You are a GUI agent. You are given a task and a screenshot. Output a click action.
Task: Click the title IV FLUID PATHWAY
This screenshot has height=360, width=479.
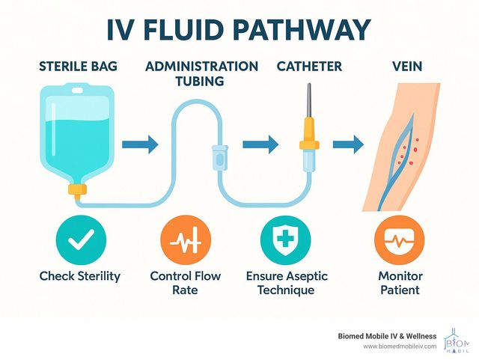click(x=239, y=30)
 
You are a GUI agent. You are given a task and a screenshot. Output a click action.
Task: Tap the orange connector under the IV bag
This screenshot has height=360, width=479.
click(x=77, y=189)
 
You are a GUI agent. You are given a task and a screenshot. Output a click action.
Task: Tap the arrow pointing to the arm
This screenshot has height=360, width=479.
click(x=347, y=143)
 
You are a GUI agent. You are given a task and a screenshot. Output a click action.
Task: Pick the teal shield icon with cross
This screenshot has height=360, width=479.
click(x=280, y=241)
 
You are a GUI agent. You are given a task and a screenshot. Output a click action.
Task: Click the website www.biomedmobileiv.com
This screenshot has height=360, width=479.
click(x=400, y=347)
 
